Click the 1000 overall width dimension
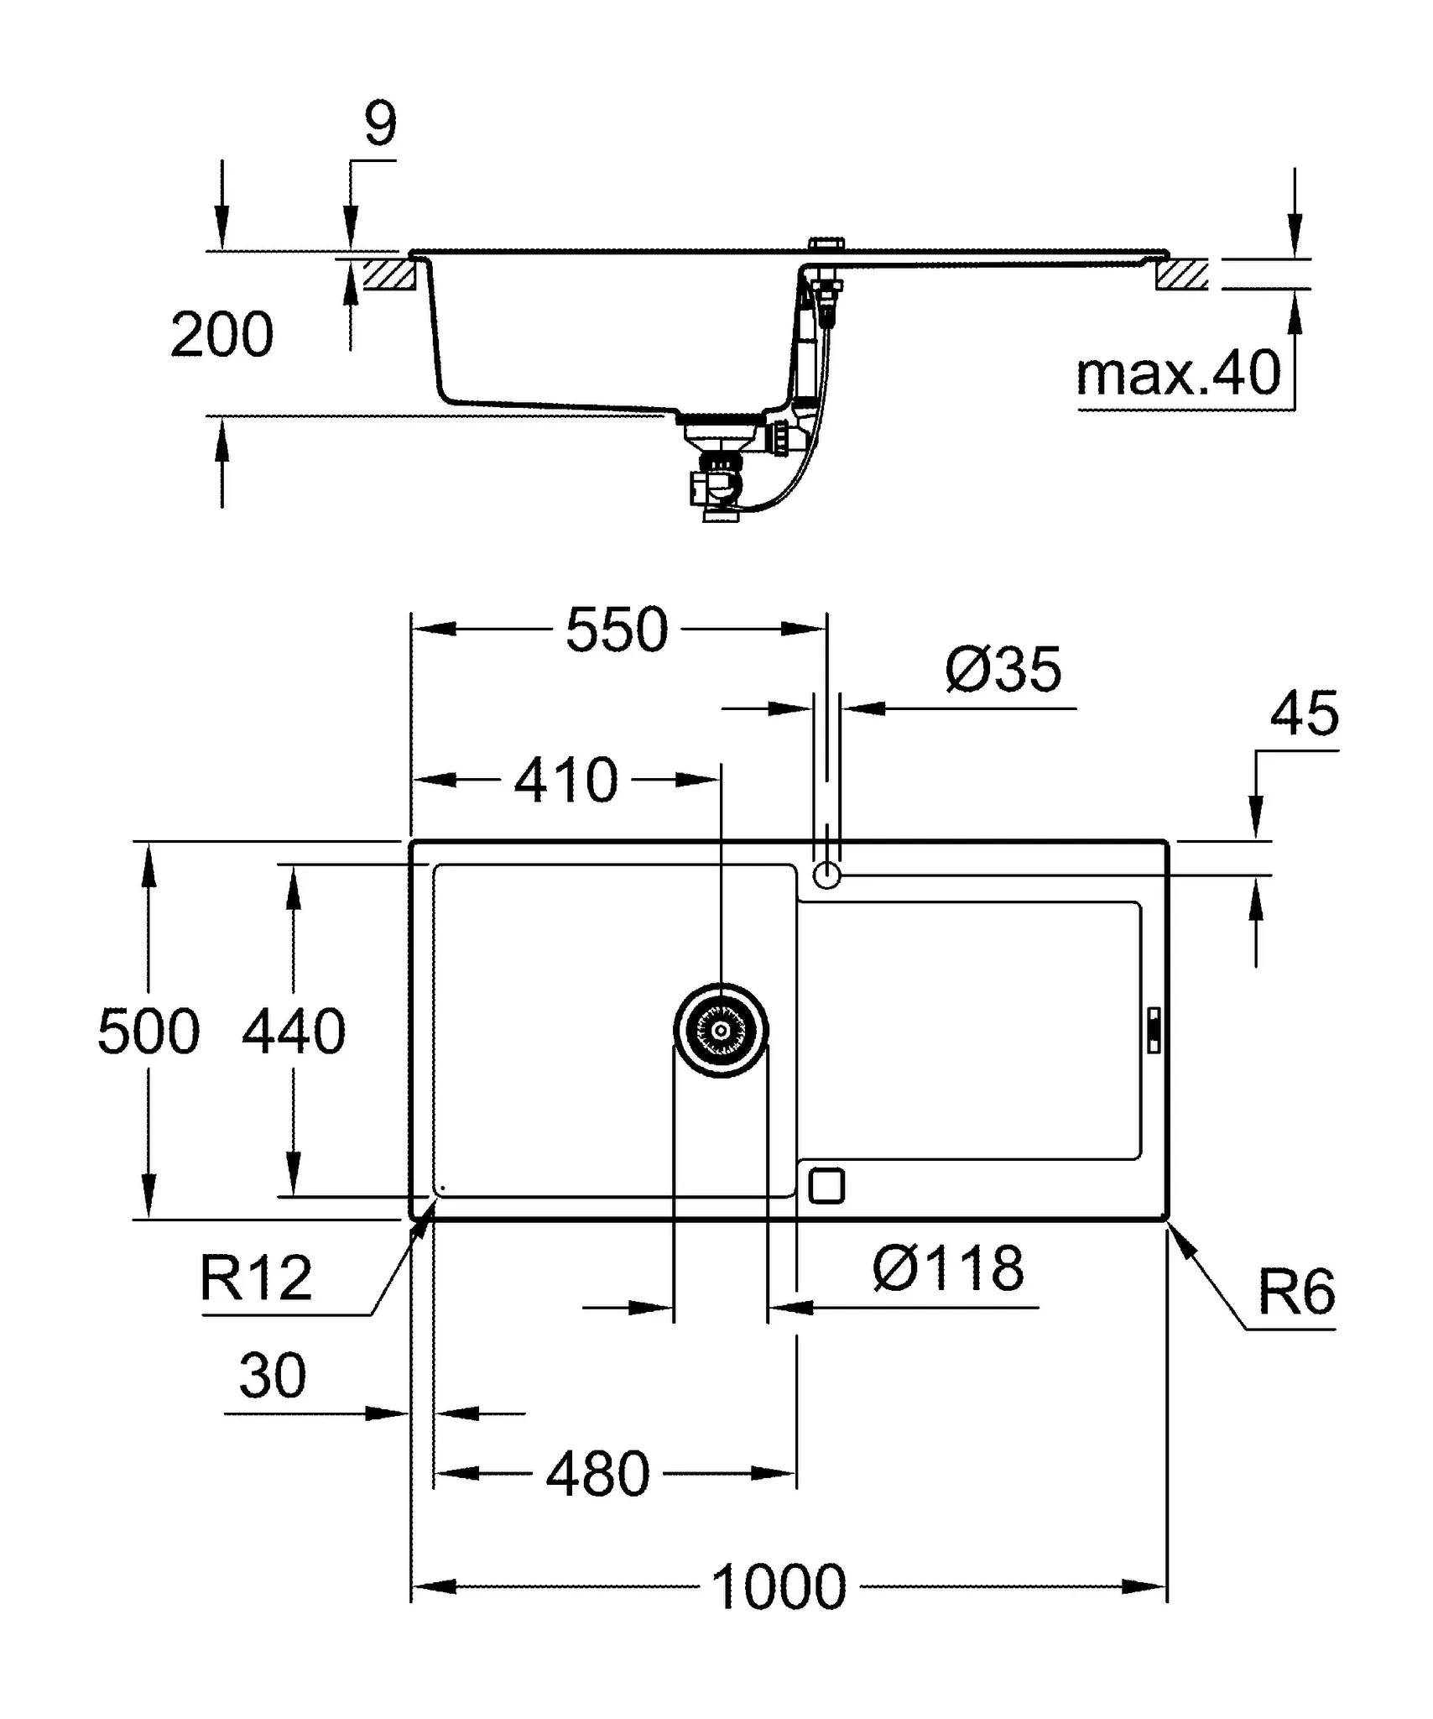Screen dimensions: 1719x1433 tap(779, 1587)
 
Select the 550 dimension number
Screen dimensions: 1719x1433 tap(617, 630)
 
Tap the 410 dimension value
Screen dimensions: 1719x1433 tap(565, 781)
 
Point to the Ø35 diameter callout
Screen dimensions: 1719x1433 tap(1003, 670)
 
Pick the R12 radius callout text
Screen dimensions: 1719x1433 tap(256, 1278)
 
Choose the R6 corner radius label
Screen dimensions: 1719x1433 tap(1295, 1293)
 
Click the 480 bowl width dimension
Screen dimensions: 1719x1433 tap(597, 1474)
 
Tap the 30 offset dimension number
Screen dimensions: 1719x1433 tap(273, 1377)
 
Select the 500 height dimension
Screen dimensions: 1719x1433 tap(149, 1032)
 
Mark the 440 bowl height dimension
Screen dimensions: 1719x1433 tap(294, 1032)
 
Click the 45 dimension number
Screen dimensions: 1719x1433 tap(1304, 714)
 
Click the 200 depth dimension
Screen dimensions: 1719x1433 tap(221, 335)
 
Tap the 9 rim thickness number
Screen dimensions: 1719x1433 tap(380, 124)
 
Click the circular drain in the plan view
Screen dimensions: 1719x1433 tap(721, 1030)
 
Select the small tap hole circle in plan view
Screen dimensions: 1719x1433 tap(826, 875)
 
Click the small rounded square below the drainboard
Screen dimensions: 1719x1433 tap(826, 1186)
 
